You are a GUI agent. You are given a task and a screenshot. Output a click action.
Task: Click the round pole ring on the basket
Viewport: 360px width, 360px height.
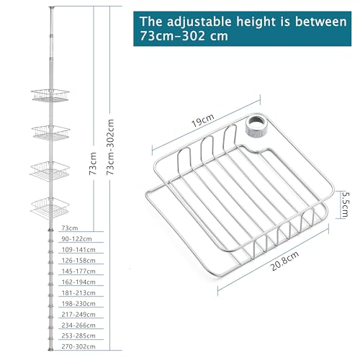[257, 127]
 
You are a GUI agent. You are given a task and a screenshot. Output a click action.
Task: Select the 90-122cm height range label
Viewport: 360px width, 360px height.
[76, 238]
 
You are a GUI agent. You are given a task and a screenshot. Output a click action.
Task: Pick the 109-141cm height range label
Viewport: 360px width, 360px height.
[78, 249]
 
